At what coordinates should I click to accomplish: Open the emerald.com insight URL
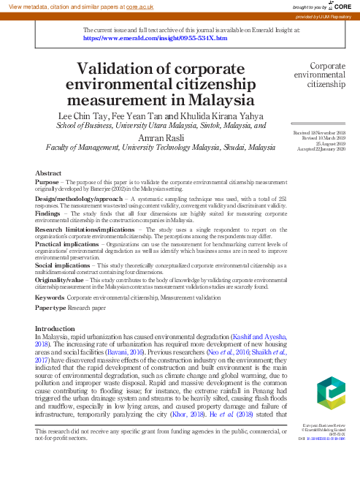point(156,38)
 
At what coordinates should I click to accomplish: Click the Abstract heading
point(48,172)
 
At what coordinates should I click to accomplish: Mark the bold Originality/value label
point(61,281)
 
